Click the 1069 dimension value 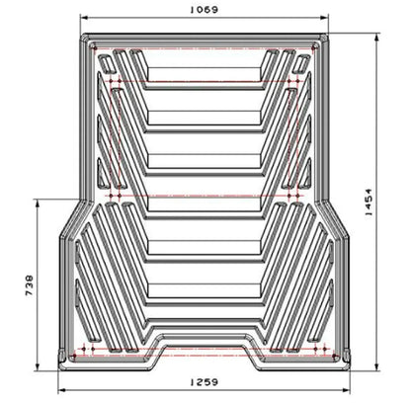click(x=205, y=9)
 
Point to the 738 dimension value click(x=29, y=285)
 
